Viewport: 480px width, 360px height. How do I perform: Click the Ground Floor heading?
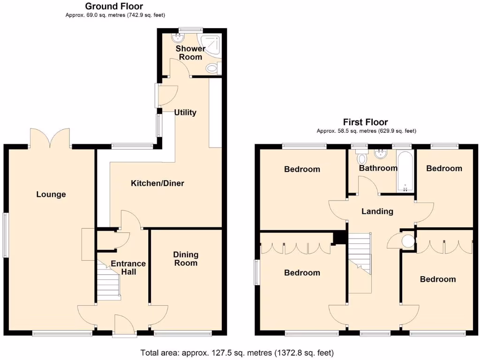tap(114, 6)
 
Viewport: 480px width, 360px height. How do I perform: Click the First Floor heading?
tap(365, 122)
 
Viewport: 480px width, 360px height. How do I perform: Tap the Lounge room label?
tap(51, 195)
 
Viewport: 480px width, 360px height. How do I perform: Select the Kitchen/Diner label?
tap(157, 183)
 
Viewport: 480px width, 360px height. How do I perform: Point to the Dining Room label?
tap(186, 259)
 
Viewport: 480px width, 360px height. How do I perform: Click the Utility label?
tap(185, 112)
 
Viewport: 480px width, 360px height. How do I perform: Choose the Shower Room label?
tap(190, 52)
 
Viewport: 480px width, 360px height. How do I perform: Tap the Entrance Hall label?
tap(128, 267)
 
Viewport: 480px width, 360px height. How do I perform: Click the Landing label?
tap(377, 211)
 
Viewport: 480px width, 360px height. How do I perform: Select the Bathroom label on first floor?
tap(378, 168)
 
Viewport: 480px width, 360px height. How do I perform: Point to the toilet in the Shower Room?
tap(212, 69)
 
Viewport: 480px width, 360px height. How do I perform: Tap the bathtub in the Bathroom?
tap(404, 172)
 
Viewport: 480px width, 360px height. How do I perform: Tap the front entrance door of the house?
tap(124, 325)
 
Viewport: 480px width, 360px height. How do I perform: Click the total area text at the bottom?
tap(237, 352)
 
